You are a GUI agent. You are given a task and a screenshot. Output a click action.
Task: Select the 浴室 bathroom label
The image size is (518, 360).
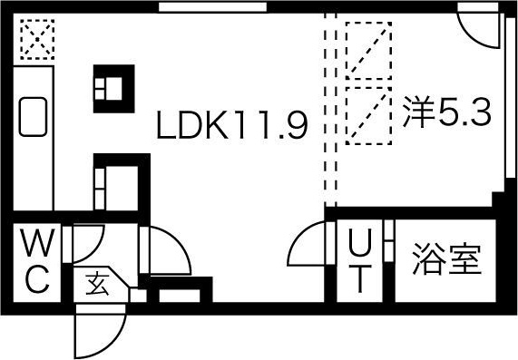pyautogui.click(x=445, y=259)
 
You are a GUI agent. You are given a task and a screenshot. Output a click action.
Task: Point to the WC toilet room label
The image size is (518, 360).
pyautogui.click(x=36, y=262)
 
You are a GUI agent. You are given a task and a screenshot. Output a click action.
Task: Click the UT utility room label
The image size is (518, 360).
pyautogui.click(x=360, y=261)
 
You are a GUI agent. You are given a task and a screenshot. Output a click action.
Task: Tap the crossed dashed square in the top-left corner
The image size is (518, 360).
pyautogui.click(x=36, y=40)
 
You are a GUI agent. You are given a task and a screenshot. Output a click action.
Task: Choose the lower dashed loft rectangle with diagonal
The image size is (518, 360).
pyautogui.click(x=369, y=113)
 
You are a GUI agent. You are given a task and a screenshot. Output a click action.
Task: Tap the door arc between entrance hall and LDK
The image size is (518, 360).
pyautogui.click(x=160, y=254)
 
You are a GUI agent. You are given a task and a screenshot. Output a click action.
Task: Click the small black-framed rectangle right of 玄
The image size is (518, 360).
pyautogui.click(x=178, y=294)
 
